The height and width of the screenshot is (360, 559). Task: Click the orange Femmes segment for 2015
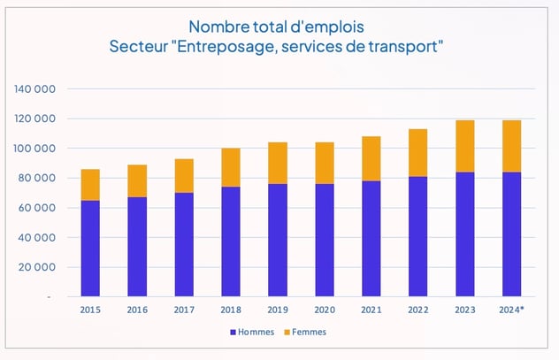[x=90, y=185]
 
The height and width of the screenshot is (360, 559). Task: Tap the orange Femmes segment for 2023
[x=464, y=146]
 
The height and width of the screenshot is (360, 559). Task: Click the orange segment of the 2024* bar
[x=511, y=146]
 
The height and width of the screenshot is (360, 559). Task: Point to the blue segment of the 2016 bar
[x=137, y=247]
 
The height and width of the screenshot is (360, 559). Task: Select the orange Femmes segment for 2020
[x=324, y=163]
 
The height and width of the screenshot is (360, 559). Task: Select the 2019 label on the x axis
[x=277, y=310]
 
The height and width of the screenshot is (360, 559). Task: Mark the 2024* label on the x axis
[x=512, y=310]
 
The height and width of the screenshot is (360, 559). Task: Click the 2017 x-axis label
[x=183, y=310]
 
